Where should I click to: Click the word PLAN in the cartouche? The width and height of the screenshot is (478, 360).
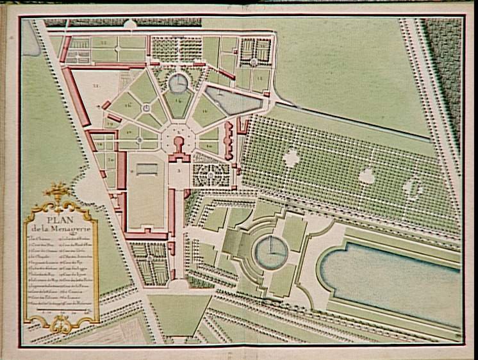[60, 222]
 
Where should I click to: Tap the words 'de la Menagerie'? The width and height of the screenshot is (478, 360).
[60, 231]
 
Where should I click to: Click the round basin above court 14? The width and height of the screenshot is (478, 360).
[178, 81]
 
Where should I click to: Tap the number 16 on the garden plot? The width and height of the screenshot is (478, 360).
[129, 104]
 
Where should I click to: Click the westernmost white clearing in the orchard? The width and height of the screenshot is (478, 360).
[292, 157]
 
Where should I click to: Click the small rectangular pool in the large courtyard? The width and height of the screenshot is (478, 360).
[146, 168]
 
